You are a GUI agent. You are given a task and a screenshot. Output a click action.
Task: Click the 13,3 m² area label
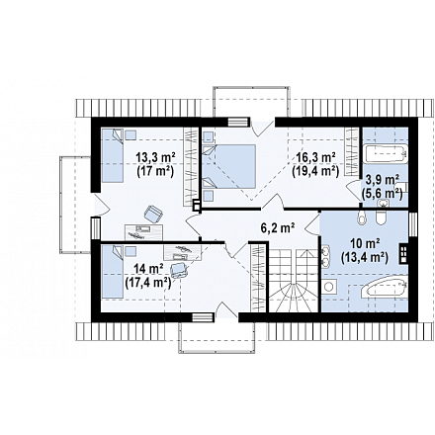[x=155, y=157]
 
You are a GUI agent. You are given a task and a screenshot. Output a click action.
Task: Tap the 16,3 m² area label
[x=315, y=156]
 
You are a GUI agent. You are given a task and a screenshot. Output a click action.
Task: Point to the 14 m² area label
[x=148, y=269]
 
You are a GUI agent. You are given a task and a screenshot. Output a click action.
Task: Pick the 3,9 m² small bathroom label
[x=384, y=180]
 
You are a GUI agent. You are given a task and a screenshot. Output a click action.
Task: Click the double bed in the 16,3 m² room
[x=229, y=166]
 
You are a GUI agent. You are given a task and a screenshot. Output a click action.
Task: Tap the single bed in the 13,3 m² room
[x=113, y=155]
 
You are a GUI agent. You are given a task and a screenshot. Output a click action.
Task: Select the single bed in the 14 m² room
[x=112, y=272]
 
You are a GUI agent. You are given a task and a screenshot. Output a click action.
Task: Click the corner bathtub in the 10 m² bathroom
[x=384, y=288]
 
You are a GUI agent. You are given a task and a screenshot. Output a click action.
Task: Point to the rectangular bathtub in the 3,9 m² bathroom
[x=385, y=153]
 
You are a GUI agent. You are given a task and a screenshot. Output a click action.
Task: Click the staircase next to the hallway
[x=293, y=281]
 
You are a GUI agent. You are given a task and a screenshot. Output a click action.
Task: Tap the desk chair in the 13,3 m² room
[x=153, y=214]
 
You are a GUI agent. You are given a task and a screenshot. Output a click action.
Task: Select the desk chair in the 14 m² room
[x=179, y=270]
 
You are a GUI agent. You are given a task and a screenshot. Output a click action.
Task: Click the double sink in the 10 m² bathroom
[x=325, y=256]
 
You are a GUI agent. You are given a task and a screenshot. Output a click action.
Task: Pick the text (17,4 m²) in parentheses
[x=148, y=283]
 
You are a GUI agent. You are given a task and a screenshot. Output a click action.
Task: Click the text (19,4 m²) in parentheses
[x=315, y=171]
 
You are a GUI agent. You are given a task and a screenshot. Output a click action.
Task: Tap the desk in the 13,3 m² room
[x=144, y=232]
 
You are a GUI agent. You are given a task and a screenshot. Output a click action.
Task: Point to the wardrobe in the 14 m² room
[x=258, y=277]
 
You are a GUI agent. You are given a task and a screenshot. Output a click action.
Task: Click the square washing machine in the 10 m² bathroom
[x=329, y=286]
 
